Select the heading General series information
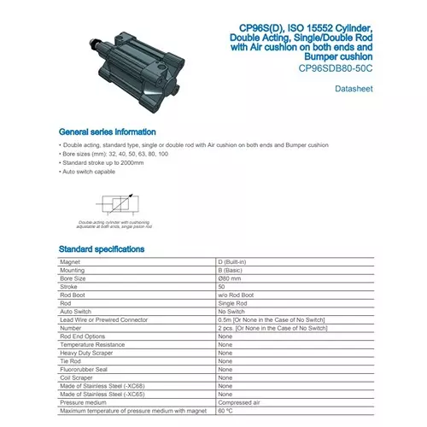coord(107,132)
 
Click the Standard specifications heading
coord(102,249)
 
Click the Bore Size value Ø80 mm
coord(231,278)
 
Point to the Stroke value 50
coord(222,287)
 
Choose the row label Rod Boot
coord(76,295)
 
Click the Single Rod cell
coord(234,303)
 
